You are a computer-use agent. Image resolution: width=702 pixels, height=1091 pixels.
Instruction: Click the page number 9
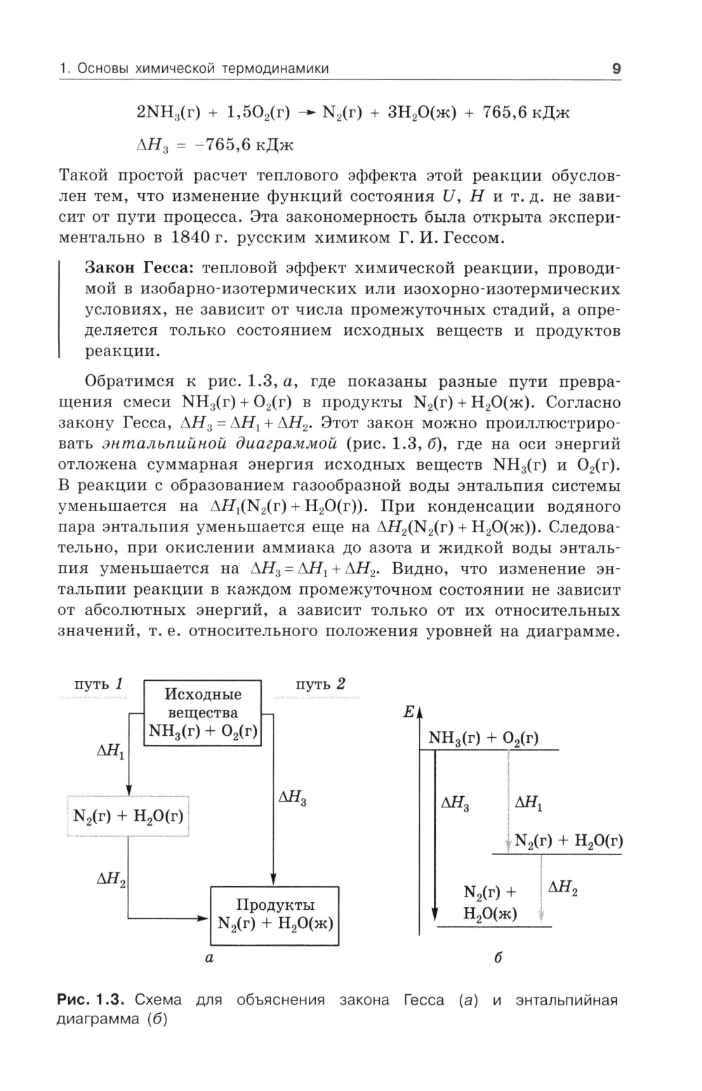[x=616, y=69]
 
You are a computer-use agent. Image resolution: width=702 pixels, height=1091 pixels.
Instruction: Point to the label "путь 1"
[x=99, y=684]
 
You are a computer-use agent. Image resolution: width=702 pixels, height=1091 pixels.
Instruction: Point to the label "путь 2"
[x=320, y=684]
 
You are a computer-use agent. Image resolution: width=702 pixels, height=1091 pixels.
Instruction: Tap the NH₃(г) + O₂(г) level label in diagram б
[x=484, y=738]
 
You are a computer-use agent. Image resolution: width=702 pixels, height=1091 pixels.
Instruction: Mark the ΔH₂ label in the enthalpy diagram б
[x=563, y=888]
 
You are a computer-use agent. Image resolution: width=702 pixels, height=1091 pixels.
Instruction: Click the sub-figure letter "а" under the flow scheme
[x=208, y=957]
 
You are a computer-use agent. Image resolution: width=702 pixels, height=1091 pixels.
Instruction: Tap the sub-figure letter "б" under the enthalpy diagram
[x=498, y=957]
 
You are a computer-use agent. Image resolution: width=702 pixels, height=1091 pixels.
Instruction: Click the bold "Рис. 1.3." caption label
[x=91, y=1000]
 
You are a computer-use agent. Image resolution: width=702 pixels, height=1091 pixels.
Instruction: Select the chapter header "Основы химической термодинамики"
[x=203, y=69]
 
